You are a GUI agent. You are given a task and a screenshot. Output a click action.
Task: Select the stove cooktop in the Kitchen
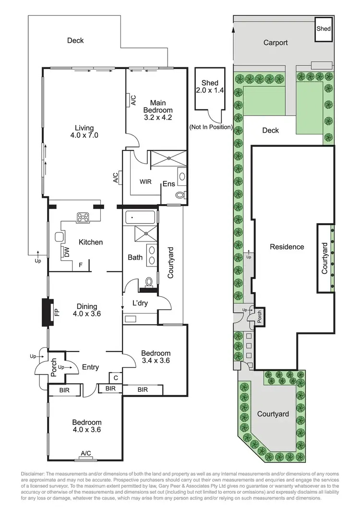click(84, 217)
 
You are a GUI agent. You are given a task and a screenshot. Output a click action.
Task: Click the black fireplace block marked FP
click(48, 313)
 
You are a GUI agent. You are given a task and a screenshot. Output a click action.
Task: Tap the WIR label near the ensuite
click(146, 182)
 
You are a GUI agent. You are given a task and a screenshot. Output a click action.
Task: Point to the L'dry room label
click(141, 303)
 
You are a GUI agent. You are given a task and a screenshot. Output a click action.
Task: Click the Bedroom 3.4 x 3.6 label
click(155, 357)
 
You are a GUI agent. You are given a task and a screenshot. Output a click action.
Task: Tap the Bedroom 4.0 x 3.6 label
click(86, 426)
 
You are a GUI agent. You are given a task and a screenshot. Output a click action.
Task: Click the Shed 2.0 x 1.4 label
click(209, 86)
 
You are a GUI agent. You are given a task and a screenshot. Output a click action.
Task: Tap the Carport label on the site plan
click(276, 43)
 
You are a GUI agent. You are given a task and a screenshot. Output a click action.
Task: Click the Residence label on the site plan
click(287, 247)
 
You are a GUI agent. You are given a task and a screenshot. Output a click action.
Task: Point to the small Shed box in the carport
click(324, 29)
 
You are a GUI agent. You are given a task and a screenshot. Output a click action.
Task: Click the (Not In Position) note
click(211, 127)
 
